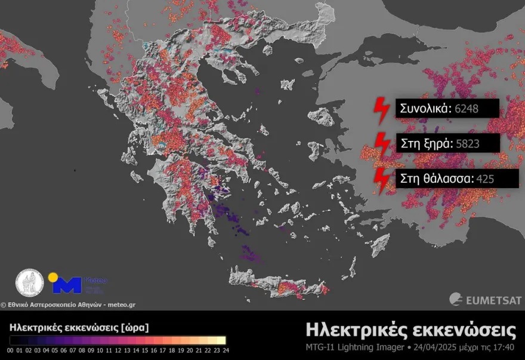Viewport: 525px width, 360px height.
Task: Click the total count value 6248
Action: pos(467,109)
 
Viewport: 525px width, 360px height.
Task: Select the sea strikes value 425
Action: pos(485,178)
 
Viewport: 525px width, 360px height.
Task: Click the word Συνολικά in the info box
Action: pos(425,109)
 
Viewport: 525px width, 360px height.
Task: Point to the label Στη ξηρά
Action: pos(425,143)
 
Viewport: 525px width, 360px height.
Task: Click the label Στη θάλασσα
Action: pos(434,178)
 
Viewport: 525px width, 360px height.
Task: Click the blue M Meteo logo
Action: pos(67,284)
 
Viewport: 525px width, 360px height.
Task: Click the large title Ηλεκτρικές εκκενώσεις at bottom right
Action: pos(410,330)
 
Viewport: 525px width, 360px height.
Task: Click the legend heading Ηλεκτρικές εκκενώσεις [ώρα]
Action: pos(79,327)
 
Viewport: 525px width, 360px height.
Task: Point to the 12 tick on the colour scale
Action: pos(118,350)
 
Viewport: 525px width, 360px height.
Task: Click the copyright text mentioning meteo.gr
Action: pos(68,304)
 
